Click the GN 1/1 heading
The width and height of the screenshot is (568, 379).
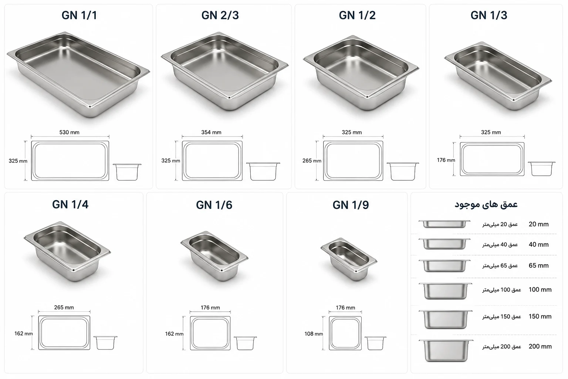(79, 15)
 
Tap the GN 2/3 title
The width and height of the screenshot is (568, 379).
(220, 15)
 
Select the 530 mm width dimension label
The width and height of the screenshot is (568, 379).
(69, 132)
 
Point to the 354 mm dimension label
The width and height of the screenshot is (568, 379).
(211, 132)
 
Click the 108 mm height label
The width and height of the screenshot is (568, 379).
(314, 334)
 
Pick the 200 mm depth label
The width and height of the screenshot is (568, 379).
(540, 346)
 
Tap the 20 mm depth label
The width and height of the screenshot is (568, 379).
(538, 224)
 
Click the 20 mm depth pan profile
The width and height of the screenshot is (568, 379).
(444, 224)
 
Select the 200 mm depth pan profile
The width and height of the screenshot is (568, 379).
(446, 350)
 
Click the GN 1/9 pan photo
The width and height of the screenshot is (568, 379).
(349, 259)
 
